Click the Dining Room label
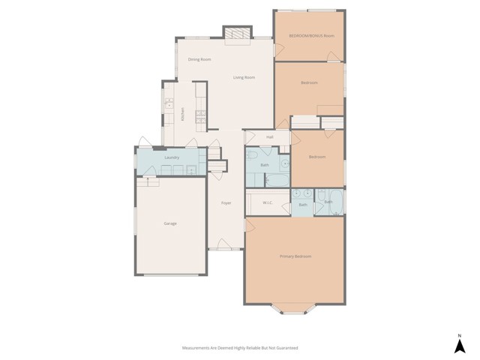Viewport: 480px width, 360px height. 199,59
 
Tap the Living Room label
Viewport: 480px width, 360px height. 244,77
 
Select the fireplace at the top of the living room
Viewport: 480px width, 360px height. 238,33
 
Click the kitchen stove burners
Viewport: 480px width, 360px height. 200,115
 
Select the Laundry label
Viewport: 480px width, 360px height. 171,157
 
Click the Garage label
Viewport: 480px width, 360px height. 170,223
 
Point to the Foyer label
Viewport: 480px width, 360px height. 226,203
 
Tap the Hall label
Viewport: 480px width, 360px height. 268,137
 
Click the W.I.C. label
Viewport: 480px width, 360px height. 268,203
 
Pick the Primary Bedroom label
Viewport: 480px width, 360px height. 295,256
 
